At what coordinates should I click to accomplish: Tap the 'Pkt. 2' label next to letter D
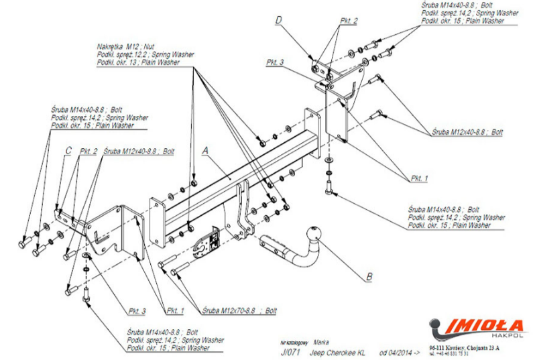pyautogui.click(x=348, y=21)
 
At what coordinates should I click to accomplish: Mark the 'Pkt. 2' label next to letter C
pyautogui.click(x=88, y=152)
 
